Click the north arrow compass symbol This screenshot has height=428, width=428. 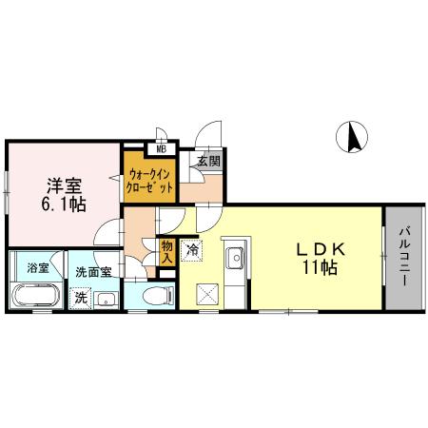click(x=354, y=139)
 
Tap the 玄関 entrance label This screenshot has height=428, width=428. click(x=208, y=163)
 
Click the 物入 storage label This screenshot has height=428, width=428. click(x=166, y=250)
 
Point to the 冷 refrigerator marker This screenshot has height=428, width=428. click(x=192, y=252)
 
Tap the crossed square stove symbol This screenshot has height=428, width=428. click(x=207, y=294)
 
